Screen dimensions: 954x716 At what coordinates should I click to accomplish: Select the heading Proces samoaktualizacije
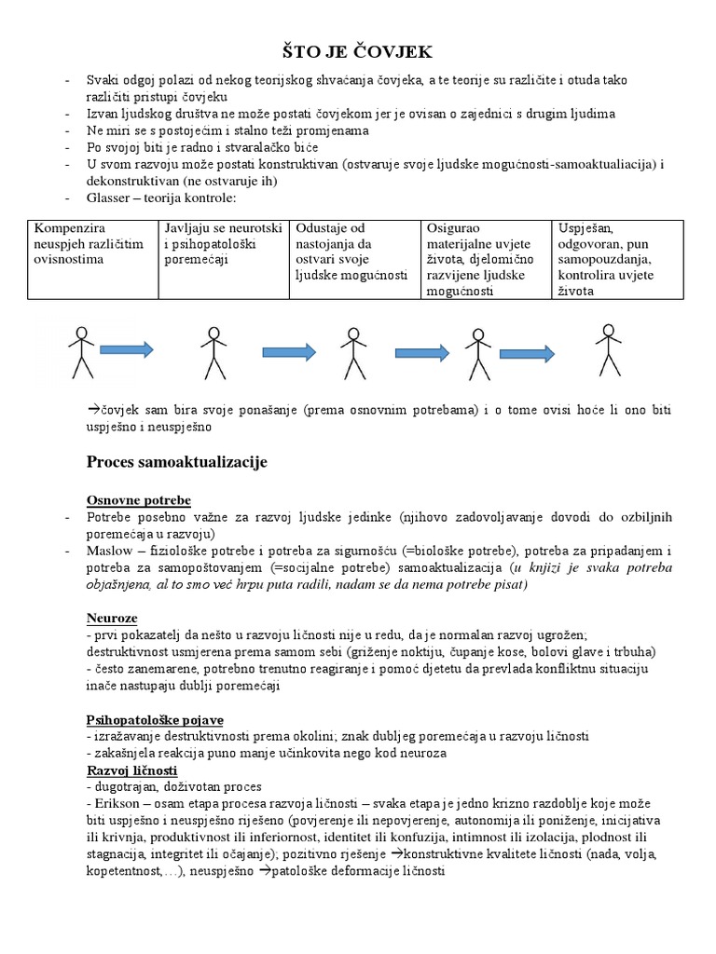pos(177,462)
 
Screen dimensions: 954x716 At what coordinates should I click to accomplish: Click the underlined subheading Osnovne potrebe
pos(138,500)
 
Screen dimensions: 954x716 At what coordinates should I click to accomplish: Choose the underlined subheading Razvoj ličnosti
pos(131,771)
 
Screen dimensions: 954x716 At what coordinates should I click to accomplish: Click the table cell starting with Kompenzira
pos(92,260)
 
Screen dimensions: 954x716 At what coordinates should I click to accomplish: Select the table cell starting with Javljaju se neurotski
pos(223,260)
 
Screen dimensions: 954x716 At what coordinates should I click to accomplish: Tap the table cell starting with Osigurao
pos(486,260)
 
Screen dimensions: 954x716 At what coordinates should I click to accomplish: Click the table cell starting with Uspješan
pos(618,260)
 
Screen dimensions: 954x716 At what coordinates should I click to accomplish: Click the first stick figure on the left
pos(81,351)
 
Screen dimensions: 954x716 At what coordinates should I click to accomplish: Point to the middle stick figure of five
pos(351,352)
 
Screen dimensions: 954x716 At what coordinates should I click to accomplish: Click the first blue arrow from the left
pos(126,350)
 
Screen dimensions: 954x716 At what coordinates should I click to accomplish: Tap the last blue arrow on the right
pos(529,353)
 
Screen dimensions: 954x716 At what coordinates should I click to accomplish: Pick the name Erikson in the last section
pos(115,803)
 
